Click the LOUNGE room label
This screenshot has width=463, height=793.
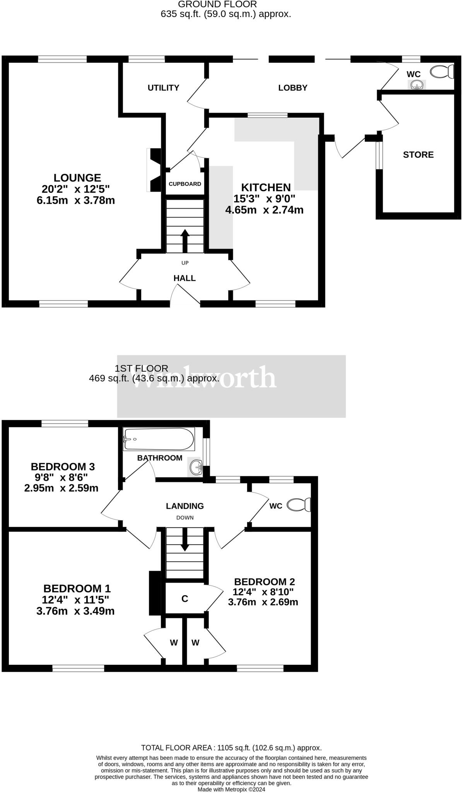pos(77,178)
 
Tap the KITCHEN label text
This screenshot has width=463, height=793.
pos(266,187)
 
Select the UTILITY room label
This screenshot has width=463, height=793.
pos(163,88)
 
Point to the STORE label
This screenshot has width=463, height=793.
pos(418,155)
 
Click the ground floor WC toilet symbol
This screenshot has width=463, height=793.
pos(442,72)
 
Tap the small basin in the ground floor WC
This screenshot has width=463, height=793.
pos(416,84)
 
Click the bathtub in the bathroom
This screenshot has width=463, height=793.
pos(159,439)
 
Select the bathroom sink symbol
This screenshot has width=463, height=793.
pos(196,467)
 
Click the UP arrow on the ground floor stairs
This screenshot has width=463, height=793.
pos(185,241)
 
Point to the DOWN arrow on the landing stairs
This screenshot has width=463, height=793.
pos(185,539)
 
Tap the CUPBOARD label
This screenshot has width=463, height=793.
pos(185,184)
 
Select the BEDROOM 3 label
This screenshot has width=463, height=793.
pos(63,467)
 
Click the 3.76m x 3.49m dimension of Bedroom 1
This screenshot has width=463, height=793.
pos(75,611)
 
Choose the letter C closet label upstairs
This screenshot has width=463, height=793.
pos(185,599)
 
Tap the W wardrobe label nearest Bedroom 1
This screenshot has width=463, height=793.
pos(174,643)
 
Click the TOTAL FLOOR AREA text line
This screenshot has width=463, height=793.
pos(231,748)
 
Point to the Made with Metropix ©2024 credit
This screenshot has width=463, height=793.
pos(231,789)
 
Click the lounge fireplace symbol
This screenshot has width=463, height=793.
pos(154,170)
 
